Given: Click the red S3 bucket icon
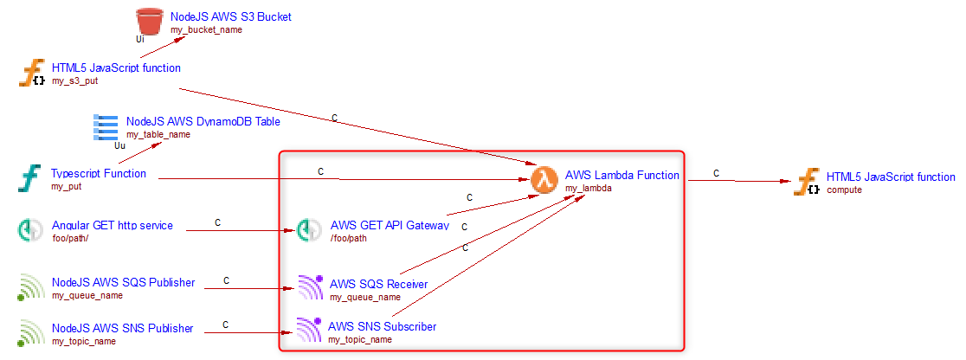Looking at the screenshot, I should pos(150,22).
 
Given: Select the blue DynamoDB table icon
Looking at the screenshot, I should pos(106,127).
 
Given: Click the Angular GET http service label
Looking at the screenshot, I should pos(113,226).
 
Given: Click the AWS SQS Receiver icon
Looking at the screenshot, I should pos(310,286).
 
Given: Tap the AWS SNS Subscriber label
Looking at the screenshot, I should pos(382,327).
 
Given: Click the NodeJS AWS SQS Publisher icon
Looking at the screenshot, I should pos(32,286).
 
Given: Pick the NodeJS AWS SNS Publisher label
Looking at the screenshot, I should pos(122,328).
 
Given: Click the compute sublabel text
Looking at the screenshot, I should pos(844,190).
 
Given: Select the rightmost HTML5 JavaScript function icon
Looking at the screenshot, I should pos(808,182).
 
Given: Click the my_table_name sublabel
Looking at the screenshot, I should pos(158,135).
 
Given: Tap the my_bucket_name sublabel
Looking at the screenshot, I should pos(206,29).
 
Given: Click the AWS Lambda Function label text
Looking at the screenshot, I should pos(621,175).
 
